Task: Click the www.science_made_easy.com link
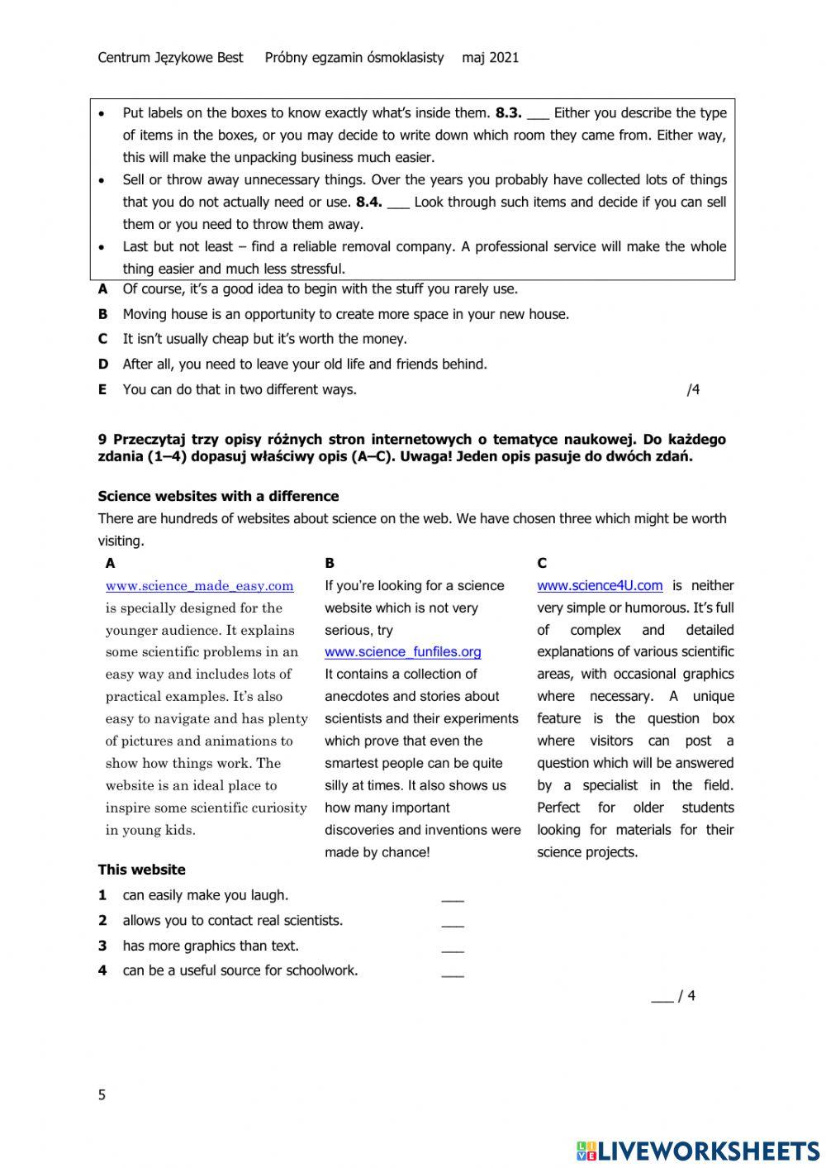tap(199, 586)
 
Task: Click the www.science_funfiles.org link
tap(402, 651)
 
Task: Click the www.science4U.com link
tap(600, 586)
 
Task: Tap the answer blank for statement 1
tap(453, 898)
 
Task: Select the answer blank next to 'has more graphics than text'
tap(453, 948)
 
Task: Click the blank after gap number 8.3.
tap(538, 115)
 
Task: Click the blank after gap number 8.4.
tap(397, 203)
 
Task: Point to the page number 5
tap(102, 1095)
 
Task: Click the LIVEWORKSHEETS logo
tap(697, 1150)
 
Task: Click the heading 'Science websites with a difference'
tap(218, 497)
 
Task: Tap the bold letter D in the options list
tap(102, 365)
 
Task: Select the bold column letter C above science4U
tap(542, 564)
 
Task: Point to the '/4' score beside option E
tap(692, 390)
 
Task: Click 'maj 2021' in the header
tap(490, 58)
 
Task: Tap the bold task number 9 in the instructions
tap(102, 440)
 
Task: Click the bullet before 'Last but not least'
tap(102, 247)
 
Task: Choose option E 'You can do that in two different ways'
tap(240, 390)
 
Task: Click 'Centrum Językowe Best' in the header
tap(170, 58)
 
